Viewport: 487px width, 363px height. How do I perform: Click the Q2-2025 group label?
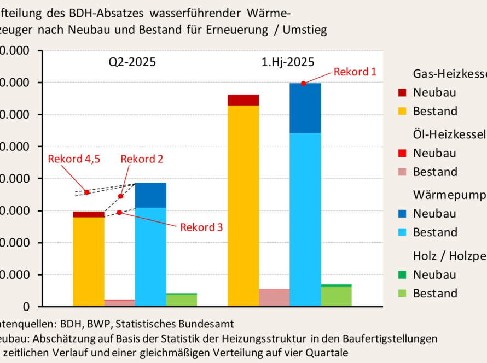[x=131, y=62]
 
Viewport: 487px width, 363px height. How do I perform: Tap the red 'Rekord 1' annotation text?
[x=355, y=72]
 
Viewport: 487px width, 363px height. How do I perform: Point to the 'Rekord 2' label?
[x=142, y=159]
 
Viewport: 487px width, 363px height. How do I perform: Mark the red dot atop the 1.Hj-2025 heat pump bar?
[x=303, y=83]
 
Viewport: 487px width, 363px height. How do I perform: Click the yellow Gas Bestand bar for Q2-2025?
[x=89, y=261]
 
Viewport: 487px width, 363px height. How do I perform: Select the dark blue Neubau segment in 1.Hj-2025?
[x=305, y=108]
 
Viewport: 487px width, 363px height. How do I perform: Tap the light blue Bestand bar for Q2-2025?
[x=150, y=257]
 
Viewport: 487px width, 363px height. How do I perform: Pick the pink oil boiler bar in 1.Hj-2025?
[x=274, y=298]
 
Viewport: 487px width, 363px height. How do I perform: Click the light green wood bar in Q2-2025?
[x=182, y=300]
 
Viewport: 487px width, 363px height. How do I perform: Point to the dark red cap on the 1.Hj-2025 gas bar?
[x=243, y=99]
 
